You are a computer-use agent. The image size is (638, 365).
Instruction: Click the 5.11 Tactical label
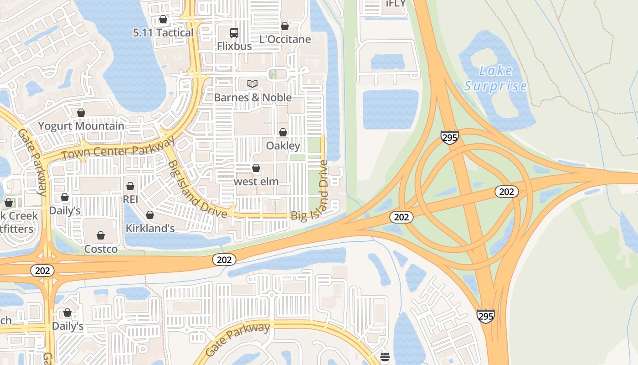163,32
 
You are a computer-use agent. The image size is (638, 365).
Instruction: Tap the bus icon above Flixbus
234,32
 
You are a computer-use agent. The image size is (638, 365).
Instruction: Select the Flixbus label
234,46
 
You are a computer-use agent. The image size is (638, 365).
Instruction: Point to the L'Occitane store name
285,39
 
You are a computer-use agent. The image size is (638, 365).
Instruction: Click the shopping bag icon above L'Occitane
285,26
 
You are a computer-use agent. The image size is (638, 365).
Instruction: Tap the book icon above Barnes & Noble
252,83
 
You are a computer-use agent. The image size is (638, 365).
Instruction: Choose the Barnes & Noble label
253,98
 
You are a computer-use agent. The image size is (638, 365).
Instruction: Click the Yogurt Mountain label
81,126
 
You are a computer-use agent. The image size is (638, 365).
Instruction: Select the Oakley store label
283,146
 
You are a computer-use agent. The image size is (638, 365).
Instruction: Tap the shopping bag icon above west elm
256,168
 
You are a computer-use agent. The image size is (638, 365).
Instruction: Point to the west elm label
256,181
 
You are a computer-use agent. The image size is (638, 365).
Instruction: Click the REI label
130,199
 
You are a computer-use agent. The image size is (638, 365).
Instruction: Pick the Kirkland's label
150,228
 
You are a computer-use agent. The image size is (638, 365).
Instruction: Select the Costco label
101,249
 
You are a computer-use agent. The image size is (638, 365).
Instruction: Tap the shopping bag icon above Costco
101,235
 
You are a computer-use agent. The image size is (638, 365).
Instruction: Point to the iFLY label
395,4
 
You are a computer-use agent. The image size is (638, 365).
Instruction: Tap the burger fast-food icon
385,356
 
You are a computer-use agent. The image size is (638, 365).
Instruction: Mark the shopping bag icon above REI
130,186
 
